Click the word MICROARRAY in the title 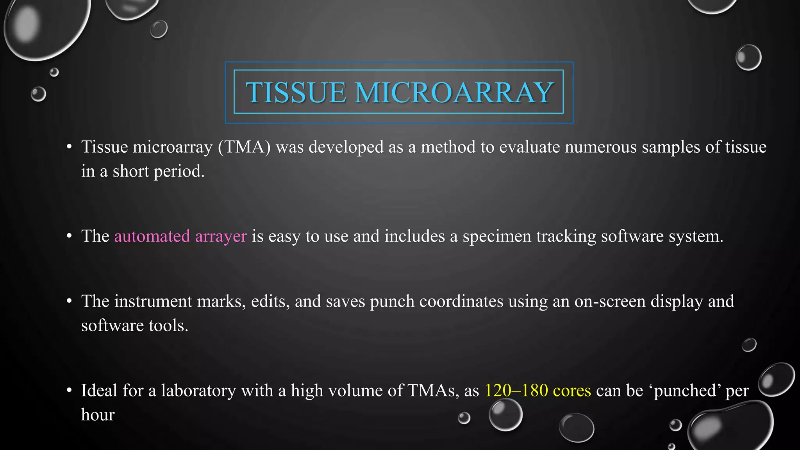coord(454,93)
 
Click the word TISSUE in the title coord(296,93)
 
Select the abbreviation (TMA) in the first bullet coord(244,147)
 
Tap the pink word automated coord(152,236)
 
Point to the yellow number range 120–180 coord(516,390)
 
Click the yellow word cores coord(572,391)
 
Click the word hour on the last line coord(98,414)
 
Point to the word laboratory coord(198,391)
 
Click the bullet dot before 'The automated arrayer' coord(69,236)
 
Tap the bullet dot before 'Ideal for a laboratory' coord(69,390)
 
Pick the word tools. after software coord(168,325)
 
